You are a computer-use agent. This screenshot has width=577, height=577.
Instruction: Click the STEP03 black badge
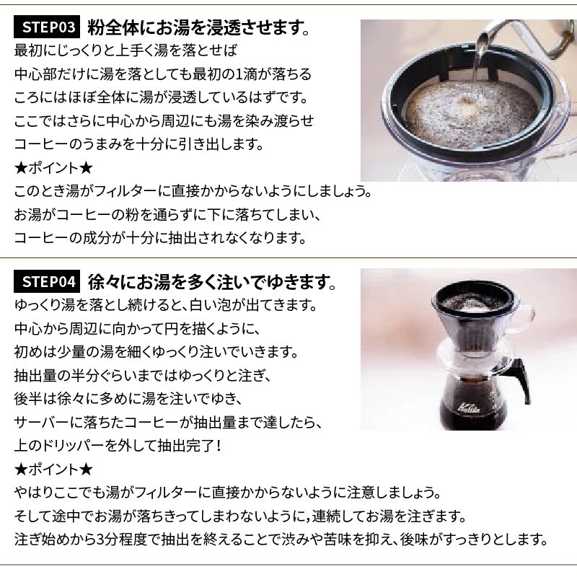tap(47, 27)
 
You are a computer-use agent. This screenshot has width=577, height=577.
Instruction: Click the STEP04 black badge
tap(47, 281)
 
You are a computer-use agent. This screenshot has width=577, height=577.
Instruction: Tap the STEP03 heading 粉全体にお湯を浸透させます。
tap(199, 27)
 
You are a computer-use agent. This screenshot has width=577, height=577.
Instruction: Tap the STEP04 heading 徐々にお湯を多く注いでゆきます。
tap(212, 282)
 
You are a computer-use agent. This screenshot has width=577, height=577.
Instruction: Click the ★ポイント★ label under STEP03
tap(53, 168)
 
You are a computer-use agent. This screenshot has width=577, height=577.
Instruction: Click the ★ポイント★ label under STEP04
tap(53, 470)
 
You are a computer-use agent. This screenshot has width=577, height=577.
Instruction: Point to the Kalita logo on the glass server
tap(468, 408)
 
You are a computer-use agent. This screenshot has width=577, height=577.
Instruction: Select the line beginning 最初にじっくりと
tap(125, 50)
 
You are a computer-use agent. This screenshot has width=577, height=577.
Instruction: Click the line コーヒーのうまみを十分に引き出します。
tap(139, 144)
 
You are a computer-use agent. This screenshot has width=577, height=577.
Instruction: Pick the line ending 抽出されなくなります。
tap(160, 238)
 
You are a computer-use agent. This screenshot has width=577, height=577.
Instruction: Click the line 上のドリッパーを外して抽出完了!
tap(118, 446)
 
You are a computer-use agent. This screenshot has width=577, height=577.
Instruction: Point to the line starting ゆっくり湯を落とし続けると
tap(166, 305)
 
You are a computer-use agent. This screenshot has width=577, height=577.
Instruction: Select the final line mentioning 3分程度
tap(281, 539)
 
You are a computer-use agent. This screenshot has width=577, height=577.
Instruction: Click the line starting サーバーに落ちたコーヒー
tap(168, 422)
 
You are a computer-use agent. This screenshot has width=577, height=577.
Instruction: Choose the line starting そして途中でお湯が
tap(240, 516)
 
